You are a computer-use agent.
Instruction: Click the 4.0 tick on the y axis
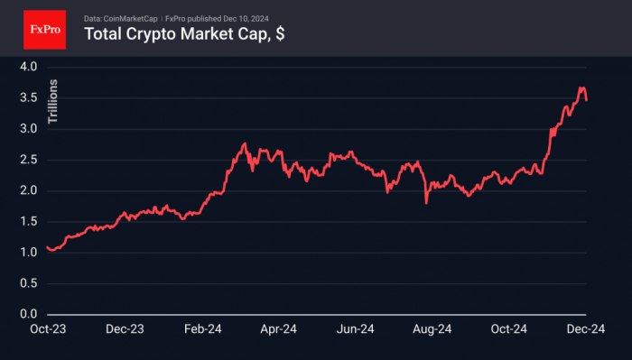pos(28,67)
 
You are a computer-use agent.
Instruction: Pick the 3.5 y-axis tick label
pos(28,97)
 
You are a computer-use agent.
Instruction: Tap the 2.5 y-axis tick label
pos(28,160)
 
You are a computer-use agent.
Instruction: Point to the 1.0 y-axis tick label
pos(28,253)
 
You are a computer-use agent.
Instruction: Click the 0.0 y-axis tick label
pos(28,314)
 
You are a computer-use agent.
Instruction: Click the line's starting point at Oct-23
pos(46,246)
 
